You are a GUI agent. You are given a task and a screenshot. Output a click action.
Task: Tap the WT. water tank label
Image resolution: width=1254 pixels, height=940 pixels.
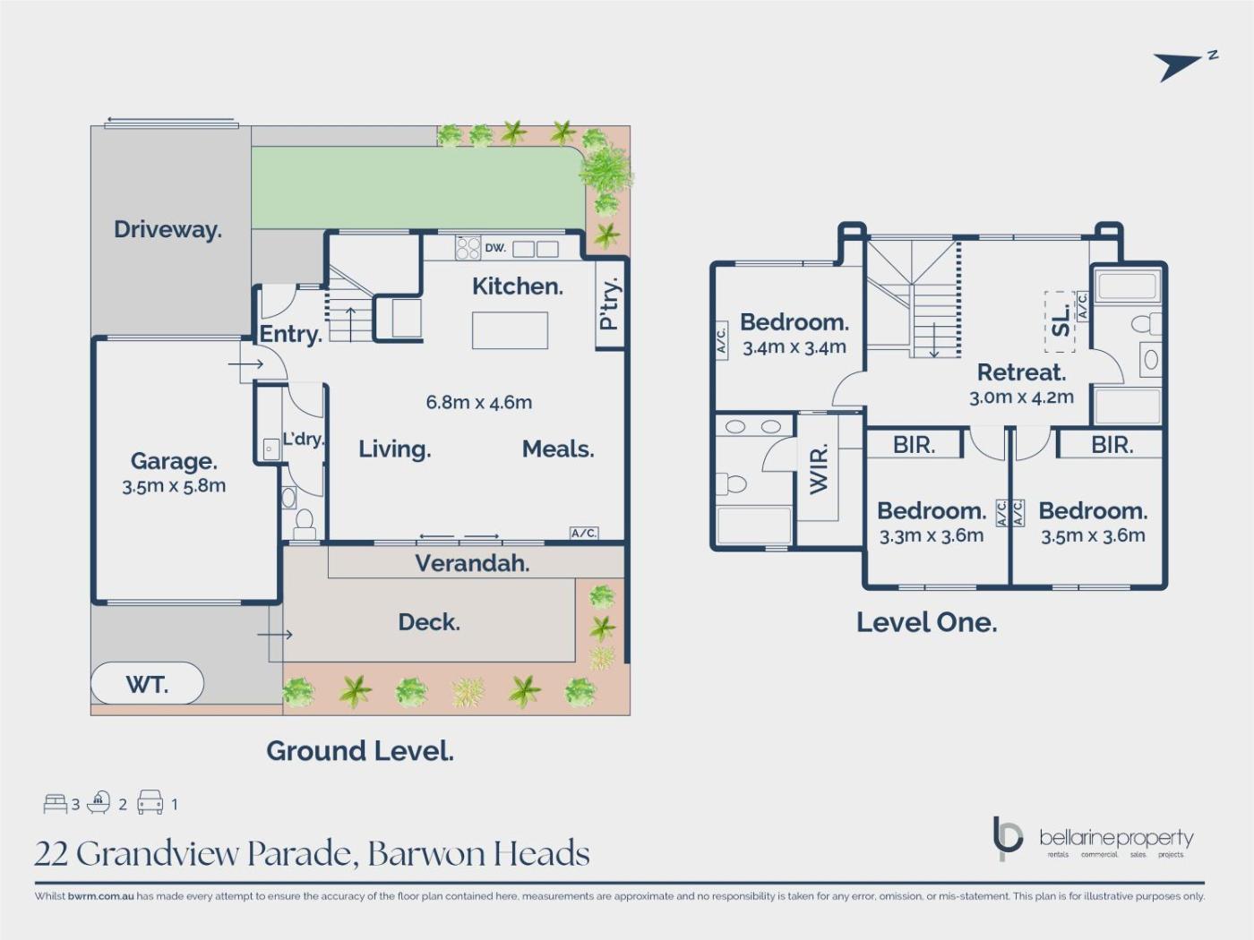coord(148,684)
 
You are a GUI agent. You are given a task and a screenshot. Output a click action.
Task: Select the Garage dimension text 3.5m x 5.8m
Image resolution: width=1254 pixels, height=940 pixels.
coord(174,486)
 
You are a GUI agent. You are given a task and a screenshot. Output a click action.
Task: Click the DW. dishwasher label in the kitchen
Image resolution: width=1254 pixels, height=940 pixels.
coord(495,248)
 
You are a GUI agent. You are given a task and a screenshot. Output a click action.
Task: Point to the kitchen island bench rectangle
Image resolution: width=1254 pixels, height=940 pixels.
coord(510,330)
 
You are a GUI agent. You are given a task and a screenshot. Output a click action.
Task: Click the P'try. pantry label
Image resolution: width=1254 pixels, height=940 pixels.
coord(610,303)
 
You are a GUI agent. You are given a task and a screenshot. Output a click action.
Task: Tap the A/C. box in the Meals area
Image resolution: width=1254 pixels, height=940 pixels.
coord(584,533)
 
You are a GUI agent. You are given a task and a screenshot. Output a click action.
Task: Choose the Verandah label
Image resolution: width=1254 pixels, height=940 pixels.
coord(472,564)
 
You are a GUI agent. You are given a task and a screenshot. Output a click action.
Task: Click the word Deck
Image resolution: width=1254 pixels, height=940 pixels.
coord(429,622)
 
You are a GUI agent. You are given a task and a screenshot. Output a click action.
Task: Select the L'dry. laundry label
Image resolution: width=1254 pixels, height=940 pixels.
coord(304,439)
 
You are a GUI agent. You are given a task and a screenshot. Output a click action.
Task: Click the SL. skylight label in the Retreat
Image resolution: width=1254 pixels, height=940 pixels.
coord(1061,322)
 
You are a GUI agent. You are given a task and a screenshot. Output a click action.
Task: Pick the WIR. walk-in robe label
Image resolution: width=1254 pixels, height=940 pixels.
coord(818,468)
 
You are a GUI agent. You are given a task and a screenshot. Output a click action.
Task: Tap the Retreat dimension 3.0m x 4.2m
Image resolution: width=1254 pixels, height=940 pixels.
coord(1021,397)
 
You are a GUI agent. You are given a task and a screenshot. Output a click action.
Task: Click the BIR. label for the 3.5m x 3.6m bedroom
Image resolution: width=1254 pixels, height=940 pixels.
coord(1112,445)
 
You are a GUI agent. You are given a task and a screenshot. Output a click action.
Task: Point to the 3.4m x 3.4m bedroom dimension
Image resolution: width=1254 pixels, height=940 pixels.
coord(794,347)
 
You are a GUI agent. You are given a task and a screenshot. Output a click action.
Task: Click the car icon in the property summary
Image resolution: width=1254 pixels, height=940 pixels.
coord(150,802)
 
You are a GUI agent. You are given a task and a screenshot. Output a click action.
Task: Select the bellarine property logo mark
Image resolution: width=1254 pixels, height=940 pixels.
coord(1007,839)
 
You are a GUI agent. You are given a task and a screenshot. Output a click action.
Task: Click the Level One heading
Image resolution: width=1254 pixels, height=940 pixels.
coord(927,622)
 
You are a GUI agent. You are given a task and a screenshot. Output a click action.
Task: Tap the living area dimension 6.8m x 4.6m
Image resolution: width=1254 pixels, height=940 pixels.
coord(478,402)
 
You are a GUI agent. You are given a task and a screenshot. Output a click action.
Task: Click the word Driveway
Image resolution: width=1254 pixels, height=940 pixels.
coord(168,229)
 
